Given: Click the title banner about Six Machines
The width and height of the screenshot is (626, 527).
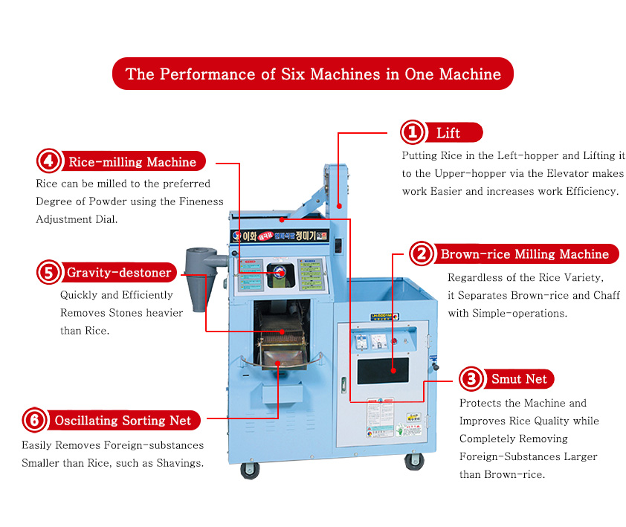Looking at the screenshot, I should pyautogui.click(x=313, y=74).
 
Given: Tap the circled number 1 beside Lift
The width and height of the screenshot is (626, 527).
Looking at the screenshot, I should pyautogui.click(x=413, y=133).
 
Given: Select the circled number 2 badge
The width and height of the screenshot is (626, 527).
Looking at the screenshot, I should pyautogui.click(x=422, y=254).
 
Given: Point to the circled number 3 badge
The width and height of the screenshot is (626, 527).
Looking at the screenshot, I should pyautogui.click(x=471, y=379).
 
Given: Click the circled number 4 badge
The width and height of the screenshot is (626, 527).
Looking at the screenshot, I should pyautogui.click(x=49, y=161).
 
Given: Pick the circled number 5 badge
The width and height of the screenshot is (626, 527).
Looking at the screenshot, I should pyautogui.click(x=49, y=273).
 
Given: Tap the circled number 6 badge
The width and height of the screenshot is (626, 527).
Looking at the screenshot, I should pyautogui.click(x=34, y=421).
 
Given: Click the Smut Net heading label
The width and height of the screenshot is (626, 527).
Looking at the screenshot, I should pyautogui.click(x=519, y=379).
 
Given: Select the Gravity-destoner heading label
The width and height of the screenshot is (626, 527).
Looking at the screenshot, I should pyautogui.click(x=119, y=273).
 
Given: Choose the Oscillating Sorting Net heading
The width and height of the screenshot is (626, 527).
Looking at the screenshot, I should pyautogui.click(x=123, y=421).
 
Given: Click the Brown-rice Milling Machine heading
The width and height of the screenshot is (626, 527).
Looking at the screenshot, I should pyautogui.click(x=524, y=254).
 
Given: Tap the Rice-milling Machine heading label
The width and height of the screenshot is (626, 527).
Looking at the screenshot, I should pyautogui.click(x=132, y=161).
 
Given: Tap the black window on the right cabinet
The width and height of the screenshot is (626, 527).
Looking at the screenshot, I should pyautogui.click(x=383, y=369).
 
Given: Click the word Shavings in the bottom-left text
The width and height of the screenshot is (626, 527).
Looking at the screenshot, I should pyautogui.click(x=173, y=463).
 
